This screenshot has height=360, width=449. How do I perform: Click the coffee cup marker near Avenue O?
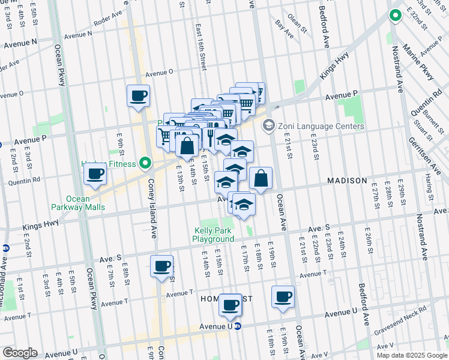click(x=138, y=95)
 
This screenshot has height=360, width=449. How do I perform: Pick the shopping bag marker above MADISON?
click(x=261, y=178)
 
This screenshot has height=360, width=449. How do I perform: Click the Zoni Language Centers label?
click(x=321, y=126)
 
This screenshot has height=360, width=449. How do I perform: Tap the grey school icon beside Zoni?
click(x=268, y=126)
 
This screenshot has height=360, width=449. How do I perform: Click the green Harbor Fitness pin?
click(x=145, y=163)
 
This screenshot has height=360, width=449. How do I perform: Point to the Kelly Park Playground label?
click(x=213, y=235)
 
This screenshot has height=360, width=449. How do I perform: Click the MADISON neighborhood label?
click(x=347, y=181)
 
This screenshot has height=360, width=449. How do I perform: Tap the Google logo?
click(x=19, y=352)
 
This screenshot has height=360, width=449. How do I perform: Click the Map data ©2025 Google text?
click(x=411, y=355)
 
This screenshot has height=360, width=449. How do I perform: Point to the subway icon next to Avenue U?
click(x=238, y=327)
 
